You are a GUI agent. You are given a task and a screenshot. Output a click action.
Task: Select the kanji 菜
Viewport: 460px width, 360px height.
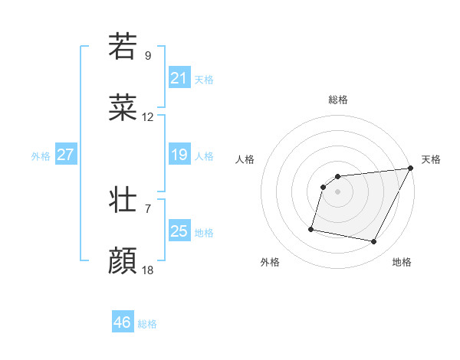[x=123, y=109]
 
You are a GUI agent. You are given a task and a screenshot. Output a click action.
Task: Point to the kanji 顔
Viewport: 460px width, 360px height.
[x=123, y=261]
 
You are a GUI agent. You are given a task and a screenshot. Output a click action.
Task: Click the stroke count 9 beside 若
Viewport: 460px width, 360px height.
[x=148, y=55]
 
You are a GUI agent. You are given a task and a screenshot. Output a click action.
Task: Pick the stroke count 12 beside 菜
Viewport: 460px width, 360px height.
[x=148, y=118]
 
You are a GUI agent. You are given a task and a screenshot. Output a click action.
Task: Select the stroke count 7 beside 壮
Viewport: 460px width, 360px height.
[x=148, y=208]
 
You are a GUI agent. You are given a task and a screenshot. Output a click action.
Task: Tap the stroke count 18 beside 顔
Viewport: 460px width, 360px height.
[x=148, y=270]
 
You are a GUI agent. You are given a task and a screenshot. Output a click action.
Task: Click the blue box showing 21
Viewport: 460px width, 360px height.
[x=179, y=78]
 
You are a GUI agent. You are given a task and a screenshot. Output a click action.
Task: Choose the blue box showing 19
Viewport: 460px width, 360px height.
[x=179, y=155]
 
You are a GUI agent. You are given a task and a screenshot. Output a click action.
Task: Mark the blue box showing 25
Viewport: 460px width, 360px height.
[x=179, y=231]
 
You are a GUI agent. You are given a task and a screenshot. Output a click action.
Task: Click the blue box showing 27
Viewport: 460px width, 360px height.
[x=65, y=155]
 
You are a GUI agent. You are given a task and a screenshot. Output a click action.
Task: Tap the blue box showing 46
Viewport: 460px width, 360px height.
[x=123, y=322]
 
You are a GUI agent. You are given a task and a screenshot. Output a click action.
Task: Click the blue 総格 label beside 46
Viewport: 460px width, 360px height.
[x=147, y=324]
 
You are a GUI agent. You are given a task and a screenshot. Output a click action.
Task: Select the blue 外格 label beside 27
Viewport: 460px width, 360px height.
[x=41, y=156]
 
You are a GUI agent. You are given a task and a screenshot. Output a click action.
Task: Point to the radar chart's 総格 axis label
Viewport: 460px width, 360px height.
[x=338, y=100]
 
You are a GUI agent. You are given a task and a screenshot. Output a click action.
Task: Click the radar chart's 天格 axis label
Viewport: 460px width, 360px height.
[x=431, y=159]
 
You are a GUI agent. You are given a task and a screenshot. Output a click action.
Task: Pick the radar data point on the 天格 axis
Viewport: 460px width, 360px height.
[x=410, y=169]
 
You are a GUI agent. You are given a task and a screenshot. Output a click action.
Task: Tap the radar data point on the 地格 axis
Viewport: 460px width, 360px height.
[x=374, y=242]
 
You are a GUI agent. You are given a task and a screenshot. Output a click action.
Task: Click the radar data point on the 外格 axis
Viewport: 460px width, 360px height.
[x=311, y=228]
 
